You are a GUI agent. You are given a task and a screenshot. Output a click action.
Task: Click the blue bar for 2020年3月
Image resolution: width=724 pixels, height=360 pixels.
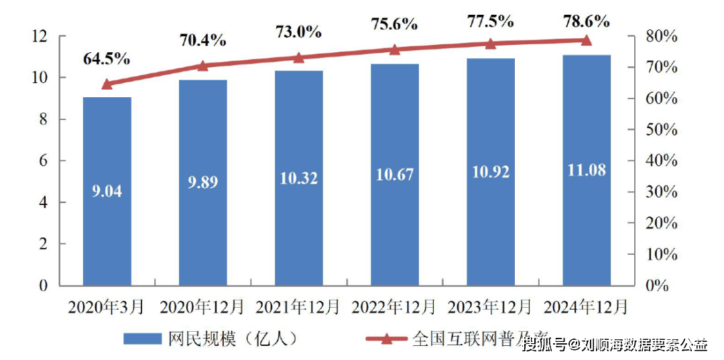[x=107, y=191]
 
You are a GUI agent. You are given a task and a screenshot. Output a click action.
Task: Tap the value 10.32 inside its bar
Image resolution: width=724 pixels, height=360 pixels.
[x=299, y=178]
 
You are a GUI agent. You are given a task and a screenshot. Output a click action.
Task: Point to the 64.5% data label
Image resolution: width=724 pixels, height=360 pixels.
[x=106, y=59]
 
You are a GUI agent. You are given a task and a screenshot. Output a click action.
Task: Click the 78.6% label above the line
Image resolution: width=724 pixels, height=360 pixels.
[x=586, y=21]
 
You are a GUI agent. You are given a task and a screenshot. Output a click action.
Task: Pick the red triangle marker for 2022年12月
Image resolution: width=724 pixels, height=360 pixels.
[x=395, y=49]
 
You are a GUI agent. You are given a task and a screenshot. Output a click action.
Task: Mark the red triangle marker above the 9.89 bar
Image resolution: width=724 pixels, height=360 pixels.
[x=203, y=66]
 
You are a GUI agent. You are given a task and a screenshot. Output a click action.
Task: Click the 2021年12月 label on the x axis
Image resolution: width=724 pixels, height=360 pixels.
[x=298, y=308]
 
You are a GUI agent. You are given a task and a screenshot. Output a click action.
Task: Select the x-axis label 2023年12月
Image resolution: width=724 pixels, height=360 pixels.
[x=490, y=308]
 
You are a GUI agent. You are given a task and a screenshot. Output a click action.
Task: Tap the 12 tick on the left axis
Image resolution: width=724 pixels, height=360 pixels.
[x=41, y=36]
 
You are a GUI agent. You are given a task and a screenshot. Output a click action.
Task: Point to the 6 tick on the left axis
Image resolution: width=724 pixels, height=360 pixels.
[x=44, y=161]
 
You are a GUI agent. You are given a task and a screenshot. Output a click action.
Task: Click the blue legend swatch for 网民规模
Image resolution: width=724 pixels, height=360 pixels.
[x=142, y=339]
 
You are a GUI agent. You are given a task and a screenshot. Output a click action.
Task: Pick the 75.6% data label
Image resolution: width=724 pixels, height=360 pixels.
[x=394, y=24]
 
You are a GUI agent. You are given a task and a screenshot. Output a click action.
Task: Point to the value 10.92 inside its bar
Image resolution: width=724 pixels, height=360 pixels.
[x=491, y=172]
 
